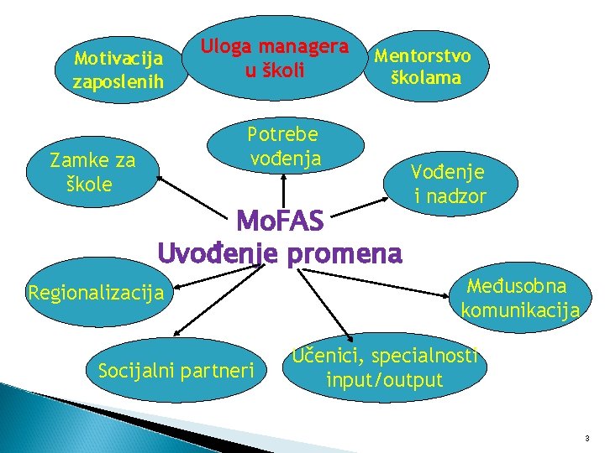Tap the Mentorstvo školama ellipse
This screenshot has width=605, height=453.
coord(423,67)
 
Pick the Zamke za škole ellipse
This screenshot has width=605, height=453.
coord(92,172)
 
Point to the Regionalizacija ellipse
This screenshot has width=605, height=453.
coord(95,293)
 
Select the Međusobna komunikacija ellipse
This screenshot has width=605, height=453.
coord(518,298)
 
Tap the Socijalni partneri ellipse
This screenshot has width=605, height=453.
coord(176,370)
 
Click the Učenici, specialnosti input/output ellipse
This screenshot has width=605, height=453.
coord(384,368)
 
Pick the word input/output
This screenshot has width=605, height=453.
coord(384,380)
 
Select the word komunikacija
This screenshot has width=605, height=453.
coord(520,310)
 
